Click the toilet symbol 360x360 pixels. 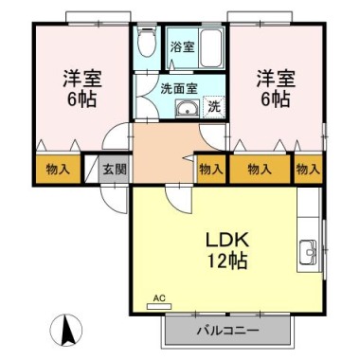pyautogui.click(x=147, y=41)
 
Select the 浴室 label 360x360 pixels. pyautogui.click(x=182, y=47)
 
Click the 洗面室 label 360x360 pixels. pyautogui.click(x=179, y=89)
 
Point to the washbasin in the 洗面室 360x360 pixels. pyautogui.click(x=188, y=109)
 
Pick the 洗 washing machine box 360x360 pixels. pyautogui.click(x=214, y=106)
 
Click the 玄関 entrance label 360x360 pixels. pyautogui.click(x=115, y=170)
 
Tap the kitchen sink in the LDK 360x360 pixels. pyautogui.click(x=308, y=253)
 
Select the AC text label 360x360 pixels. pyautogui.click(x=159, y=297)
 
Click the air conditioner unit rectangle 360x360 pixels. pyautogui.click(x=159, y=306)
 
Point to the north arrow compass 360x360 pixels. pyautogui.click(x=66, y=331)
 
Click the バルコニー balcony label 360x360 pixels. pyautogui.click(x=228, y=331)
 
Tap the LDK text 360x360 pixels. pyautogui.click(x=228, y=241)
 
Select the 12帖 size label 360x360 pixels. pyautogui.click(x=227, y=261)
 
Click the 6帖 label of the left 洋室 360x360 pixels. pyautogui.click(x=81, y=99)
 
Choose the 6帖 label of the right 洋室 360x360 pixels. pyautogui.click(x=275, y=99)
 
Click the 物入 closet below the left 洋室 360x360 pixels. pyautogui.click(x=58, y=170)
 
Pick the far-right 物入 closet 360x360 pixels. pyautogui.click(x=308, y=170)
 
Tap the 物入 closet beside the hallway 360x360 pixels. pyautogui.click(x=211, y=170)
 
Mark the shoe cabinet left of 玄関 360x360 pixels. pyautogui.click(x=92, y=169)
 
